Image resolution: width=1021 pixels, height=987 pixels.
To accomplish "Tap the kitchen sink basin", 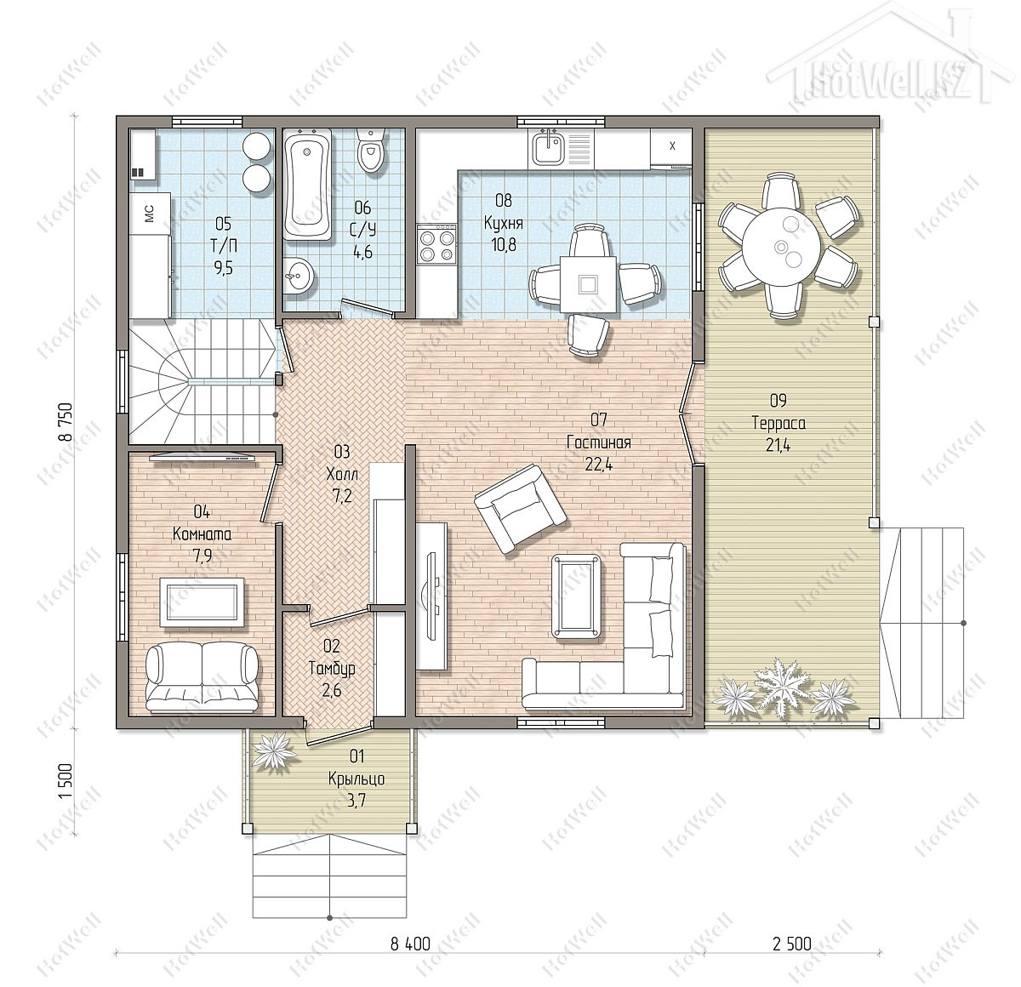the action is (x=548, y=147).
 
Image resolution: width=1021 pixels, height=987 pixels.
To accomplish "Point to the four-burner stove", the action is (x=436, y=243).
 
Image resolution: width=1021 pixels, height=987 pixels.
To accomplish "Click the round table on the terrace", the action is (x=781, y=245).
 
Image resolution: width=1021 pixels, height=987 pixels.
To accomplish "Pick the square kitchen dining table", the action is (x=588, y=284).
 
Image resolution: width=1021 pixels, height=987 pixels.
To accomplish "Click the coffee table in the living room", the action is (x=576, y=596).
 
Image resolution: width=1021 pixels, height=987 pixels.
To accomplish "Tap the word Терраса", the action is (x=779, y=423).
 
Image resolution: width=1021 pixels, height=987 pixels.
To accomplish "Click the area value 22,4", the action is (x=599, y=465).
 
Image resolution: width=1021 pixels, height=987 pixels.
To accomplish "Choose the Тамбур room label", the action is (x=332, y=669).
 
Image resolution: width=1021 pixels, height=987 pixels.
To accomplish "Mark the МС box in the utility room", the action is (x=150, y=214).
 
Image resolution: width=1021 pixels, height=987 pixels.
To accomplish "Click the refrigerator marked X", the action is (x=671, y=146).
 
